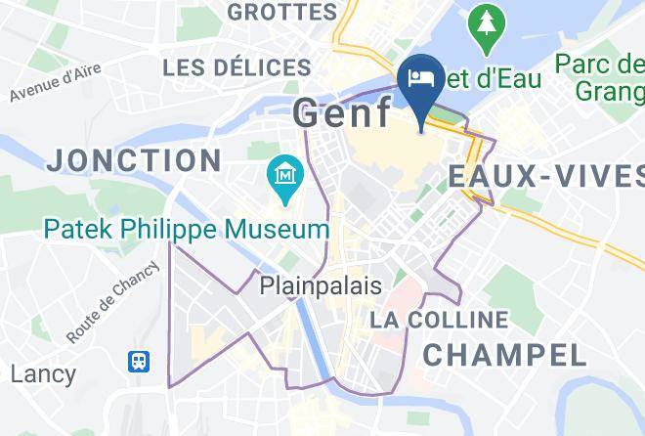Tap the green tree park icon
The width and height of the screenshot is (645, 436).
coord(485,31)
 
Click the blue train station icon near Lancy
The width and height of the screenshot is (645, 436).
coord(139,362)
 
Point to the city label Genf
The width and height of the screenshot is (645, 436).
coord(342,114)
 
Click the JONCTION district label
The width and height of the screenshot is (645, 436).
coord(134,160)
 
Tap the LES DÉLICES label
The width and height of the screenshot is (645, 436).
coord(236,68)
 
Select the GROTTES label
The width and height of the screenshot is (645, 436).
coord(281,12)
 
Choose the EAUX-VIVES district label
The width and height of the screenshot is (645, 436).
coord(544,177)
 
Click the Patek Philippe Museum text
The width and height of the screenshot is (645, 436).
coord(187,231)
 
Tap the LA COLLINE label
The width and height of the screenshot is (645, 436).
coord(439,320)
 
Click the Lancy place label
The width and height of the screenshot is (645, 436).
coord(43,373)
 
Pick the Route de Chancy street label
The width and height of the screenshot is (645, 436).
coord(113,302)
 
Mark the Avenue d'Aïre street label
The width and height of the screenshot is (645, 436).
coord(56,84)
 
